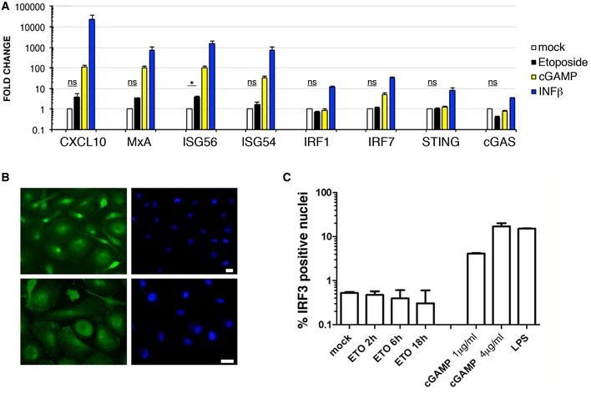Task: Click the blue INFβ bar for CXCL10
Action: pos(91,74)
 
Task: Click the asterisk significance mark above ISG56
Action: pos(193,83)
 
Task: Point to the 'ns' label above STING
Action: pos(432,83)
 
